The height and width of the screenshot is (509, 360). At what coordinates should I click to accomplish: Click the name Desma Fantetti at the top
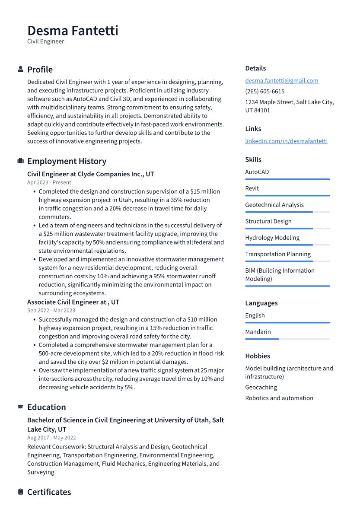coord(73,31)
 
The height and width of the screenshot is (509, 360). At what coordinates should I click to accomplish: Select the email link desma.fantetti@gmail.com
coord(281,80)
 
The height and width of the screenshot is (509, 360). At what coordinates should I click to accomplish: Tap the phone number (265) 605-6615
coord(264,91)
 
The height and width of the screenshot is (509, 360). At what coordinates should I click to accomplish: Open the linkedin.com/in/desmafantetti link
coord(286,141)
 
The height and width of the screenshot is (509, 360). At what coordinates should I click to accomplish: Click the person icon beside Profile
coord(20,69)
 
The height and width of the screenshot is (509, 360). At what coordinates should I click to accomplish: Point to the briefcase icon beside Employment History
coord(20,161)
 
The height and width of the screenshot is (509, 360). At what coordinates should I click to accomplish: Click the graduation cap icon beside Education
coord(20,407)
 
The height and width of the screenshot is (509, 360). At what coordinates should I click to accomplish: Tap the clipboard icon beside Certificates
coord(20,492)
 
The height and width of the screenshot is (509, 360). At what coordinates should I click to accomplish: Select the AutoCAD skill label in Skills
coord(257,172)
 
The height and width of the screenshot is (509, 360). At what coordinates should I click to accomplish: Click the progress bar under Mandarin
coord(287,339)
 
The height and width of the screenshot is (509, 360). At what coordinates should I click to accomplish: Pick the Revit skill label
coord(252,188)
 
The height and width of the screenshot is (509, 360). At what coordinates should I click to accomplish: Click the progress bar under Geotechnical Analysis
coord(287,212)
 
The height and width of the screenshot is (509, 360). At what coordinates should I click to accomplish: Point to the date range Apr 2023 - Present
coord(49,183)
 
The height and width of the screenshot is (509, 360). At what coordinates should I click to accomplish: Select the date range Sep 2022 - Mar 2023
coord(51,310)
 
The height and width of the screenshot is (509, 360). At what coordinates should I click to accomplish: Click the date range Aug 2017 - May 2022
coord(51,438)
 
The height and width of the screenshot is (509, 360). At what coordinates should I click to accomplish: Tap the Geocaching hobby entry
coord(261,388)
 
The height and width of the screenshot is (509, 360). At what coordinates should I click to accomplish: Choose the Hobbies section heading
coord(258,356)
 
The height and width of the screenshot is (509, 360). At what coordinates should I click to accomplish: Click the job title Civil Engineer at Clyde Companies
coord(90,174)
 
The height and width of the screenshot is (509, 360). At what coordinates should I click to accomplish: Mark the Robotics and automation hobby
coord(279,398)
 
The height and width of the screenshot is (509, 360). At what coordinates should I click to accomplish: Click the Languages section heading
coord(261,303)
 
